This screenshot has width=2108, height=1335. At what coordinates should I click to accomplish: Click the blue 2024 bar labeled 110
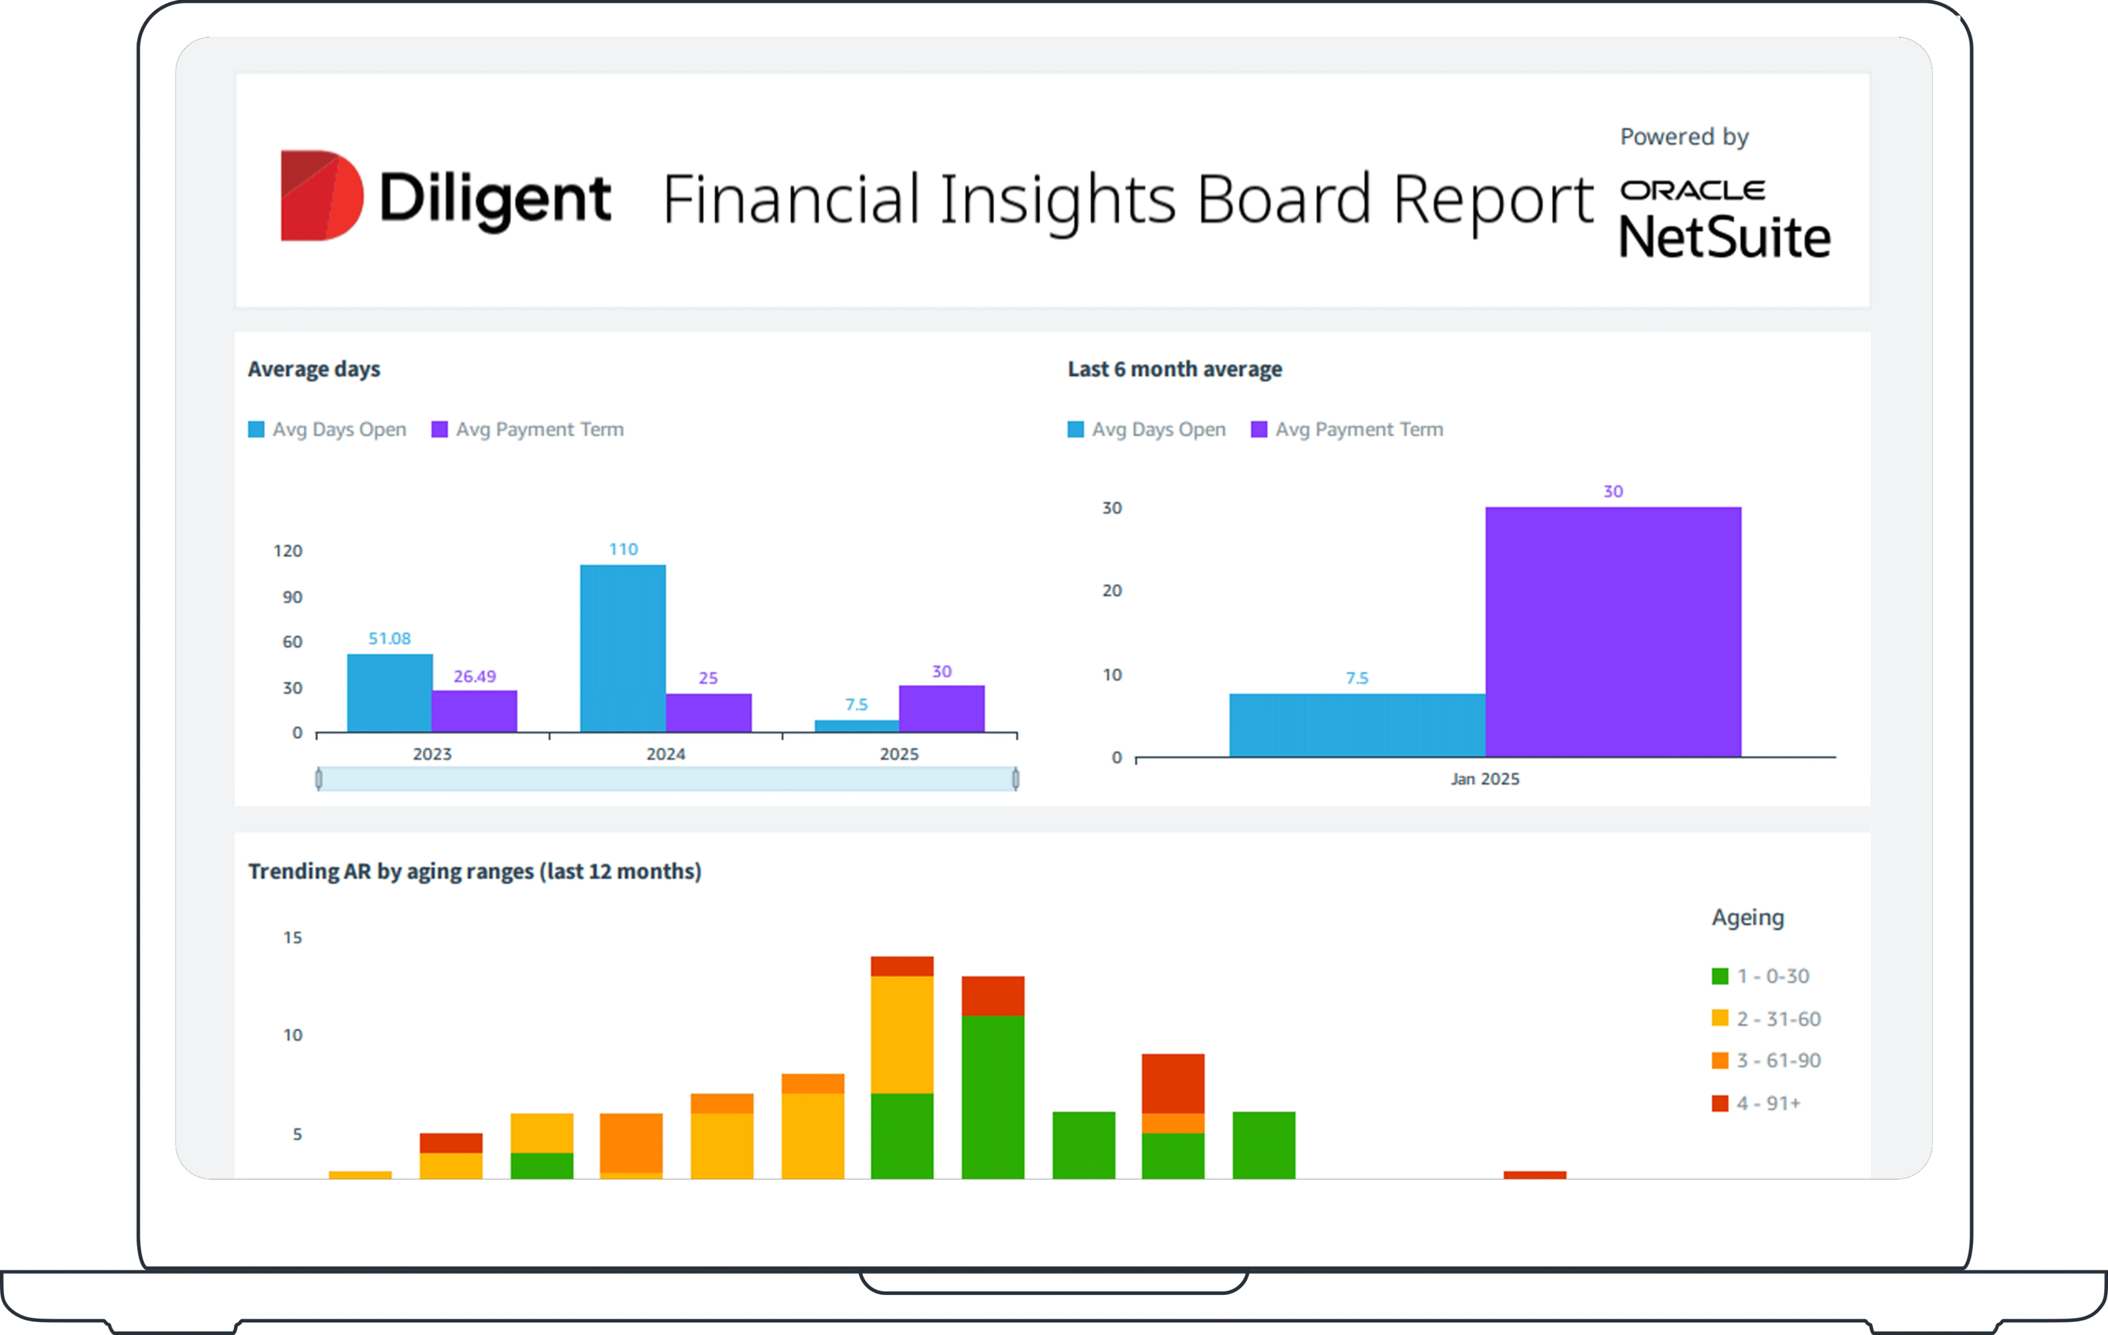623,648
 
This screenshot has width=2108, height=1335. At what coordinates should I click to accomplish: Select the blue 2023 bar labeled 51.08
390,692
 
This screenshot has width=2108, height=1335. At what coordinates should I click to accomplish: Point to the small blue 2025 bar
856,726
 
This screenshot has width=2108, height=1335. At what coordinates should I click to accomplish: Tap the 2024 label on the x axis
665,754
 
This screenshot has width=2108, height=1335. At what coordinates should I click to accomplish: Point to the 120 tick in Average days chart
288,551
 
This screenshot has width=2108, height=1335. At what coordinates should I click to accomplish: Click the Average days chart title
313,369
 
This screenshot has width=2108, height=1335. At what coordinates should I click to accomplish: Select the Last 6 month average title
1174,369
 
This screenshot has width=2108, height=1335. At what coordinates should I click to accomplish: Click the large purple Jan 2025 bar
1612,631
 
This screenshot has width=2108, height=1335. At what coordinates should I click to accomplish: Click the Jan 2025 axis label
1485,779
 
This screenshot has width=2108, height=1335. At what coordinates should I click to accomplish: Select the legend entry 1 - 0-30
1772,976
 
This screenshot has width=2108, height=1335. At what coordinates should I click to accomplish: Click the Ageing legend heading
1747,917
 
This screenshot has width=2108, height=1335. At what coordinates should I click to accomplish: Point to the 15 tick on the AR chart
293,938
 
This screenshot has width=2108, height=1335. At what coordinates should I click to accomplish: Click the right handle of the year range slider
1016,778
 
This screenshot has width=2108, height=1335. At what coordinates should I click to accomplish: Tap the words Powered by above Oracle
1684,137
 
